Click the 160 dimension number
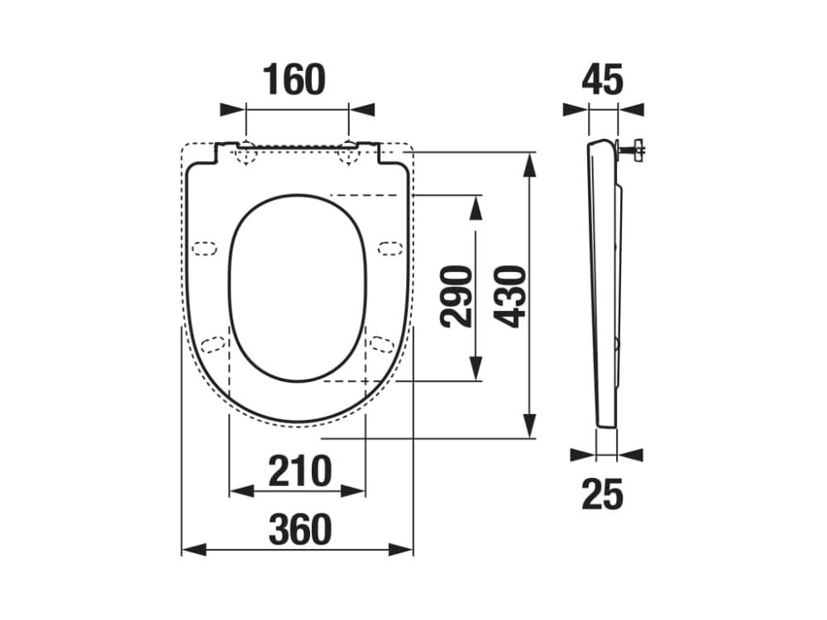tap(295, 79)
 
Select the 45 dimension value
tap(602, 79)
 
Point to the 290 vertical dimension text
tap(457, 296)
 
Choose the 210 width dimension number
tap(299, 470)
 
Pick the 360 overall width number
tap(299, 529)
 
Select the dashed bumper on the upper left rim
tap(203, 247)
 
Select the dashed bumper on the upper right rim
tap(390, 247)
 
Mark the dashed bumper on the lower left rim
tap(214, 343)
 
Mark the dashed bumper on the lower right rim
tap(381, 343)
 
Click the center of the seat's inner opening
tap(298, 289)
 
